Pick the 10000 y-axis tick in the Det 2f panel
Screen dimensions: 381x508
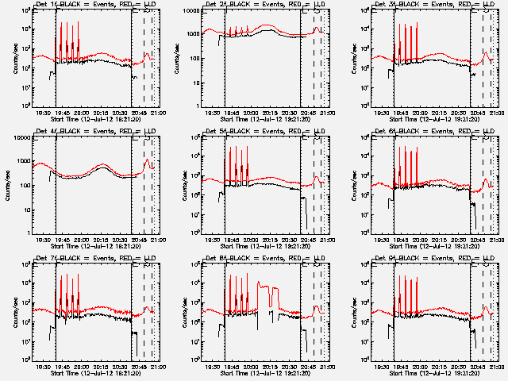click(196, 10)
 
